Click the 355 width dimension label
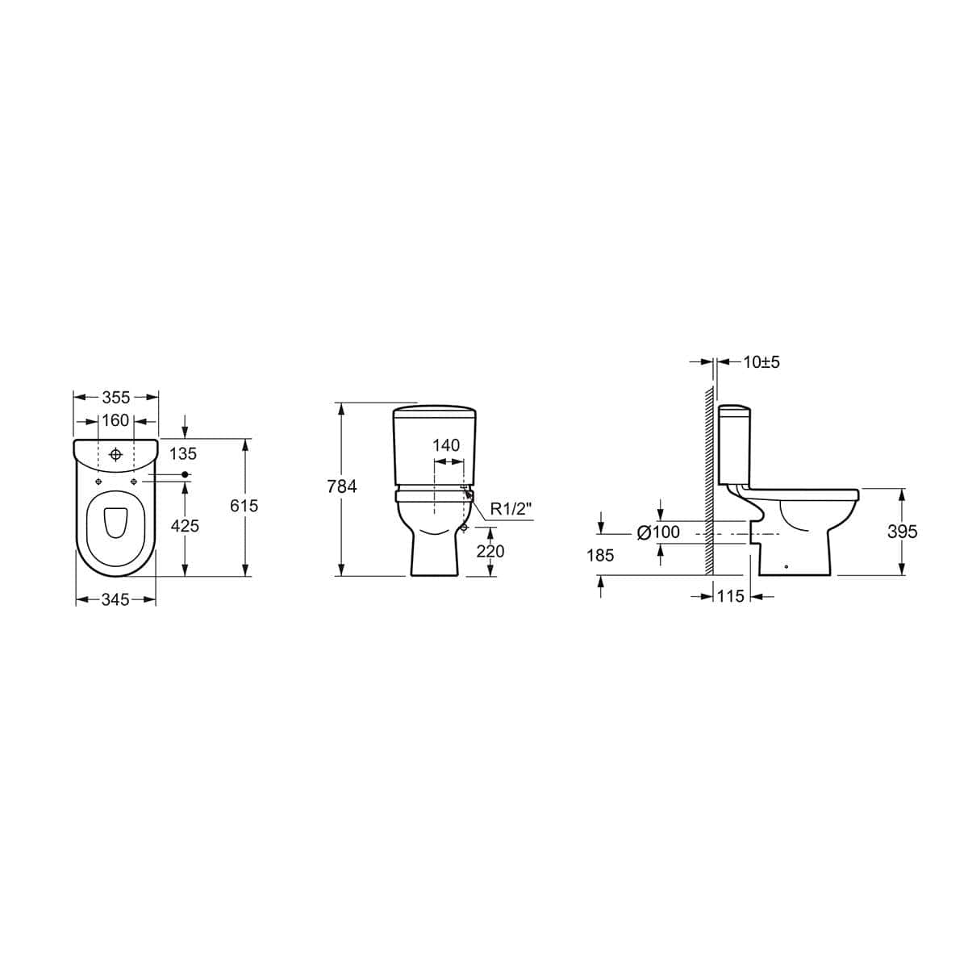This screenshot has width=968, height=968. coord(116,398)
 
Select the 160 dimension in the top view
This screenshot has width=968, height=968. coord(116,421)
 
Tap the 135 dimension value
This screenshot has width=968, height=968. coord(183,455)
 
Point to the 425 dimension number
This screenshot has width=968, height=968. coord(185,526)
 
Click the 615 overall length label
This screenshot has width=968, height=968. coord(244,506)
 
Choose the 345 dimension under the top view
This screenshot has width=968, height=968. coord(115,600)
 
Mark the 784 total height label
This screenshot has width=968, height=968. coord(342,486)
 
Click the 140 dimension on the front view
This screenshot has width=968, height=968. coord(446,446)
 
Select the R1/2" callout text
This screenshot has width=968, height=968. coord(511,508)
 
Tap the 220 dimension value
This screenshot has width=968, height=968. coord(490,551)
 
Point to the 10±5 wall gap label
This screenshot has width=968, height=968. coord(761,362)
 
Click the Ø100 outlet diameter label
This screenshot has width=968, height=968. coord(658,532)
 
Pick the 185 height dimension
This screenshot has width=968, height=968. coord(600,556)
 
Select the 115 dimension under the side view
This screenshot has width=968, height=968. coord(730,597)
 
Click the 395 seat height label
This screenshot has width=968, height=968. coord(902,532)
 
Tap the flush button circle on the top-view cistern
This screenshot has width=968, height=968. coord(116,455)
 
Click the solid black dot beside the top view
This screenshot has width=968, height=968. coord(186,474)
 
